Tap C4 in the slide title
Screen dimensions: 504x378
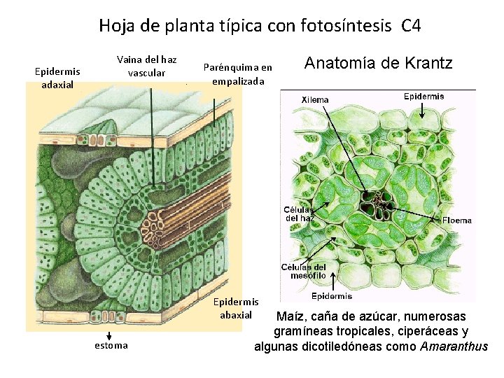[x=412, y=27]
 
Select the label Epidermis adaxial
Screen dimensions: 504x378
[x=58, y=78]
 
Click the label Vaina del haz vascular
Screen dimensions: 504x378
[x=147, y=66]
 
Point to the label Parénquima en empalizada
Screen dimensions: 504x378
[x=237, y=74]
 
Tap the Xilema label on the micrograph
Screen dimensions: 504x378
[x=315, y=100]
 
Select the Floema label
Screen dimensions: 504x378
[x=457, y=220]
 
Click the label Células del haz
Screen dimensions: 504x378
[x=300, y=214]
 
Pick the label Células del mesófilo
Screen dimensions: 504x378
[x=303, y=271]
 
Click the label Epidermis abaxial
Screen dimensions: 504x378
[x=236, y=308]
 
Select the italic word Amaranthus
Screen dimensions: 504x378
[x=454, y=346]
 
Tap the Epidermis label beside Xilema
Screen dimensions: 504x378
[x=423, y=97]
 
